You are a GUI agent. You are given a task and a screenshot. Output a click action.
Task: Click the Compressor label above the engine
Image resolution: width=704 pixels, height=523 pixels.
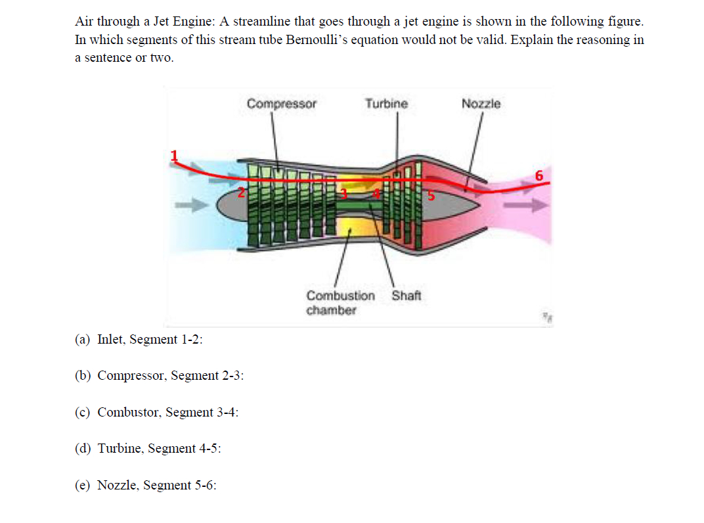point(281,104)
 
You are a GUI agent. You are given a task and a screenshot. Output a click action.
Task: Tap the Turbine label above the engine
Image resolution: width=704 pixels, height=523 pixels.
point(386,104)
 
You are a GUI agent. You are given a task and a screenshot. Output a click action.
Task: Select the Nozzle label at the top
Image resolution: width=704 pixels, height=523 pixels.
point(481,104)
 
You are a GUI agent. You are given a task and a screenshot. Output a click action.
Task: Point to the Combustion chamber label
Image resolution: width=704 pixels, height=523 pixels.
point(340,302)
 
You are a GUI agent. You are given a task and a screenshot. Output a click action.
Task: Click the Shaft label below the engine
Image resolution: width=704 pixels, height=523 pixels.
point(407,295)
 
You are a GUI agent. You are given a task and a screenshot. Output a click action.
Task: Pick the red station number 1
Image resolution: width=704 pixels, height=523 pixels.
point(175,156)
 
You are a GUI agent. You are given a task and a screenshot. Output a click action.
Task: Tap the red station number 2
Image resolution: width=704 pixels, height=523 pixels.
point(241,193)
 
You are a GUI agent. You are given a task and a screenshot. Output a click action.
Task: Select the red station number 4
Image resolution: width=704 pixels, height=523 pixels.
point(376,194)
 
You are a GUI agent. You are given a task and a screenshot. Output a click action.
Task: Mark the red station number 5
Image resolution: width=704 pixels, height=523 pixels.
point(431,195)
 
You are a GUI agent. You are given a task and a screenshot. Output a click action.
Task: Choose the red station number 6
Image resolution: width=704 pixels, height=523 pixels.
point(539,175)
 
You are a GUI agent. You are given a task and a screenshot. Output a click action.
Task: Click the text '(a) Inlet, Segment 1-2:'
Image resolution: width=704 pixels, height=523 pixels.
point(139,339)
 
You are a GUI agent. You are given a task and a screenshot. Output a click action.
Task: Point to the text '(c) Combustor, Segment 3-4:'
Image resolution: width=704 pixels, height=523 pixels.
point(156,412)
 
